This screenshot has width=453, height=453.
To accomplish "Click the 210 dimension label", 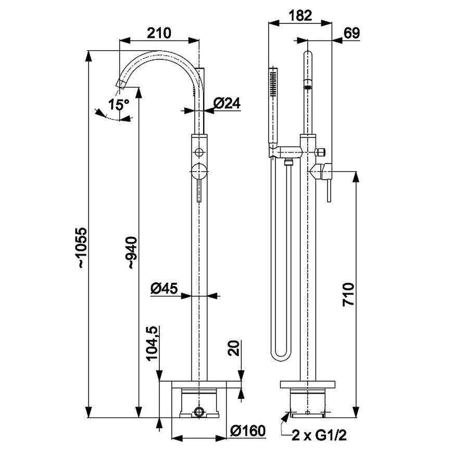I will [x=159, y=33].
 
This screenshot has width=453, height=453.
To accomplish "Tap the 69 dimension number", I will [x=352, y=33].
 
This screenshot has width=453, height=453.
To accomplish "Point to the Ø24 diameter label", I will [x=228, y=104].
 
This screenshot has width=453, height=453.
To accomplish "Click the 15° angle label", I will [x=119, y=104].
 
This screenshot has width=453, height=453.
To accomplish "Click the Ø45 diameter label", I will [x=165, y=287].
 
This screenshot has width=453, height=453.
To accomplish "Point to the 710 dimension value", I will [x=347, y=295].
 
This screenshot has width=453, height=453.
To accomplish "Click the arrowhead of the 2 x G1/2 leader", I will [x=286, y=415].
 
